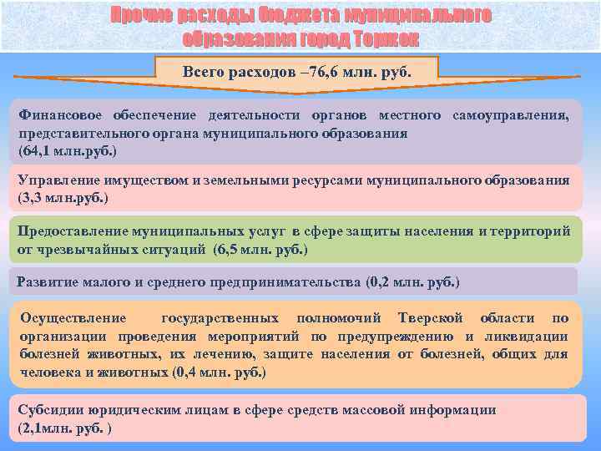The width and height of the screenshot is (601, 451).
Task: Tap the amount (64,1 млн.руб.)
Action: pos(68,151)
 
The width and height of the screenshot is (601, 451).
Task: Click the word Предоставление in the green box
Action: pos(70,231)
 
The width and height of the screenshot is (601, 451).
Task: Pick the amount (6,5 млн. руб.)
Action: pos(260,250)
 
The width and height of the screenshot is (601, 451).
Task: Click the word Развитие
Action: pos(47,281)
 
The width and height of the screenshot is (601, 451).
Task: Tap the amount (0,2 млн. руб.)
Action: pos(412,281)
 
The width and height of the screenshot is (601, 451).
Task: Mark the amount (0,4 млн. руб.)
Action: pos(219,372)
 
